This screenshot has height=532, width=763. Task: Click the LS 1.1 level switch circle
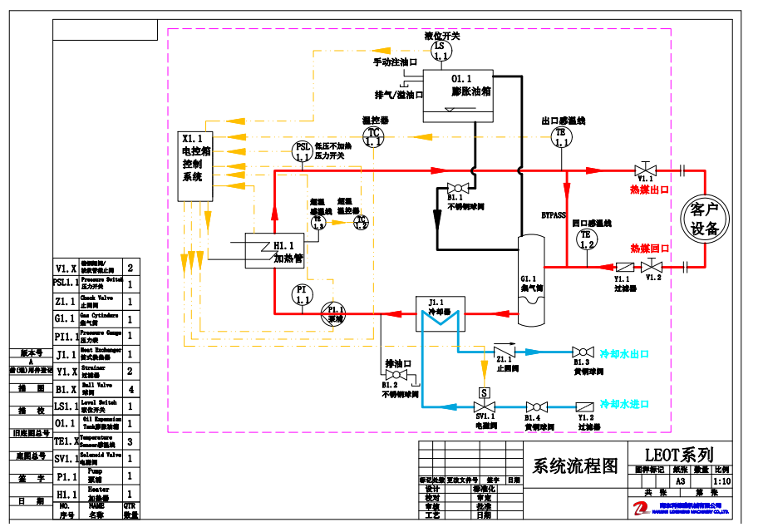pos(440,51)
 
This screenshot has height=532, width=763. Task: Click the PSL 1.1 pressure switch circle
pos(303,151)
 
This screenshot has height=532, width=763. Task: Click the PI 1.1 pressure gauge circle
pos(303,293)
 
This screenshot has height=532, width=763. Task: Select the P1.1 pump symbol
pos(332,313)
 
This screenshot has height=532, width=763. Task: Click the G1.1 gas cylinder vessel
pos(530,279)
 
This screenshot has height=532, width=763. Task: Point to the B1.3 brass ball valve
pos(581,352)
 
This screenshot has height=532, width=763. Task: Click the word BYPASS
pos(554,215)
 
